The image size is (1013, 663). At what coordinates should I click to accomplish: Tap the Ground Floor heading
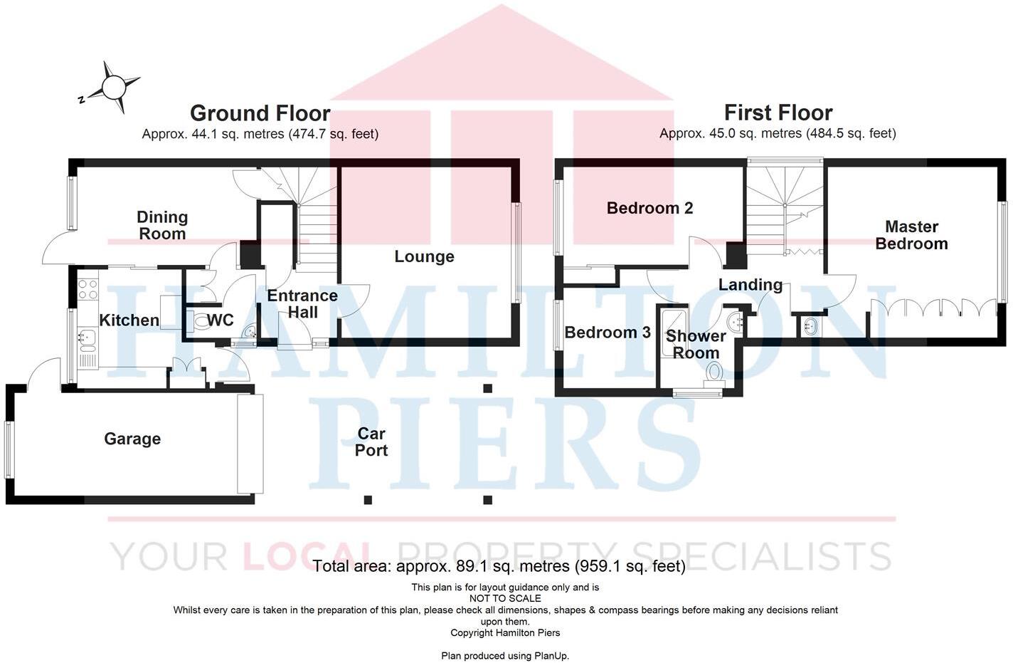pos(260,113)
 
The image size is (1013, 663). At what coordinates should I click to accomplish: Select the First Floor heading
pos(778,113)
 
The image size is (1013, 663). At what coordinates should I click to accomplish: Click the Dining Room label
pos(162,225)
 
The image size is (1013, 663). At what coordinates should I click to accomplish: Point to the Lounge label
pos(424,256)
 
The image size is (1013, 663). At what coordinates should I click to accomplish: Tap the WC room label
pos(220,320)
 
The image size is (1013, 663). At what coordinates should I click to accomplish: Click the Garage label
pos(132,439)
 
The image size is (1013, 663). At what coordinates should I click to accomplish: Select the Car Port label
pos(371,442)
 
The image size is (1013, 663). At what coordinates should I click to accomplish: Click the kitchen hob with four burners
pos(87,289)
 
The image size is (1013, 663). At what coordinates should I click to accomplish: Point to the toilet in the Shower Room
pos(714,372)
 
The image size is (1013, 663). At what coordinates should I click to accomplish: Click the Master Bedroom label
pos(911,235)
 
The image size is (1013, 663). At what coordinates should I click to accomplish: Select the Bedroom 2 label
pos(649,208)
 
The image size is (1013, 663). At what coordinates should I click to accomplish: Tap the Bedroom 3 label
pos(607,333)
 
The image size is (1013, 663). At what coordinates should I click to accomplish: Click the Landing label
pos(750,285)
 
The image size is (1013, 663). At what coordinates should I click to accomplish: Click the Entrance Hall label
pos(302,303)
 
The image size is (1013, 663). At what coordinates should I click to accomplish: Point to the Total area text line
pos(499,566)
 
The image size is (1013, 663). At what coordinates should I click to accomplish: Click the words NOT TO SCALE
pos(505,598)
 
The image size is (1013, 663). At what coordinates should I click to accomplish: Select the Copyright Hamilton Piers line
pos(505,632)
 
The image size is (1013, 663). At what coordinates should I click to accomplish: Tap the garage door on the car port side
pos(250,444)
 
